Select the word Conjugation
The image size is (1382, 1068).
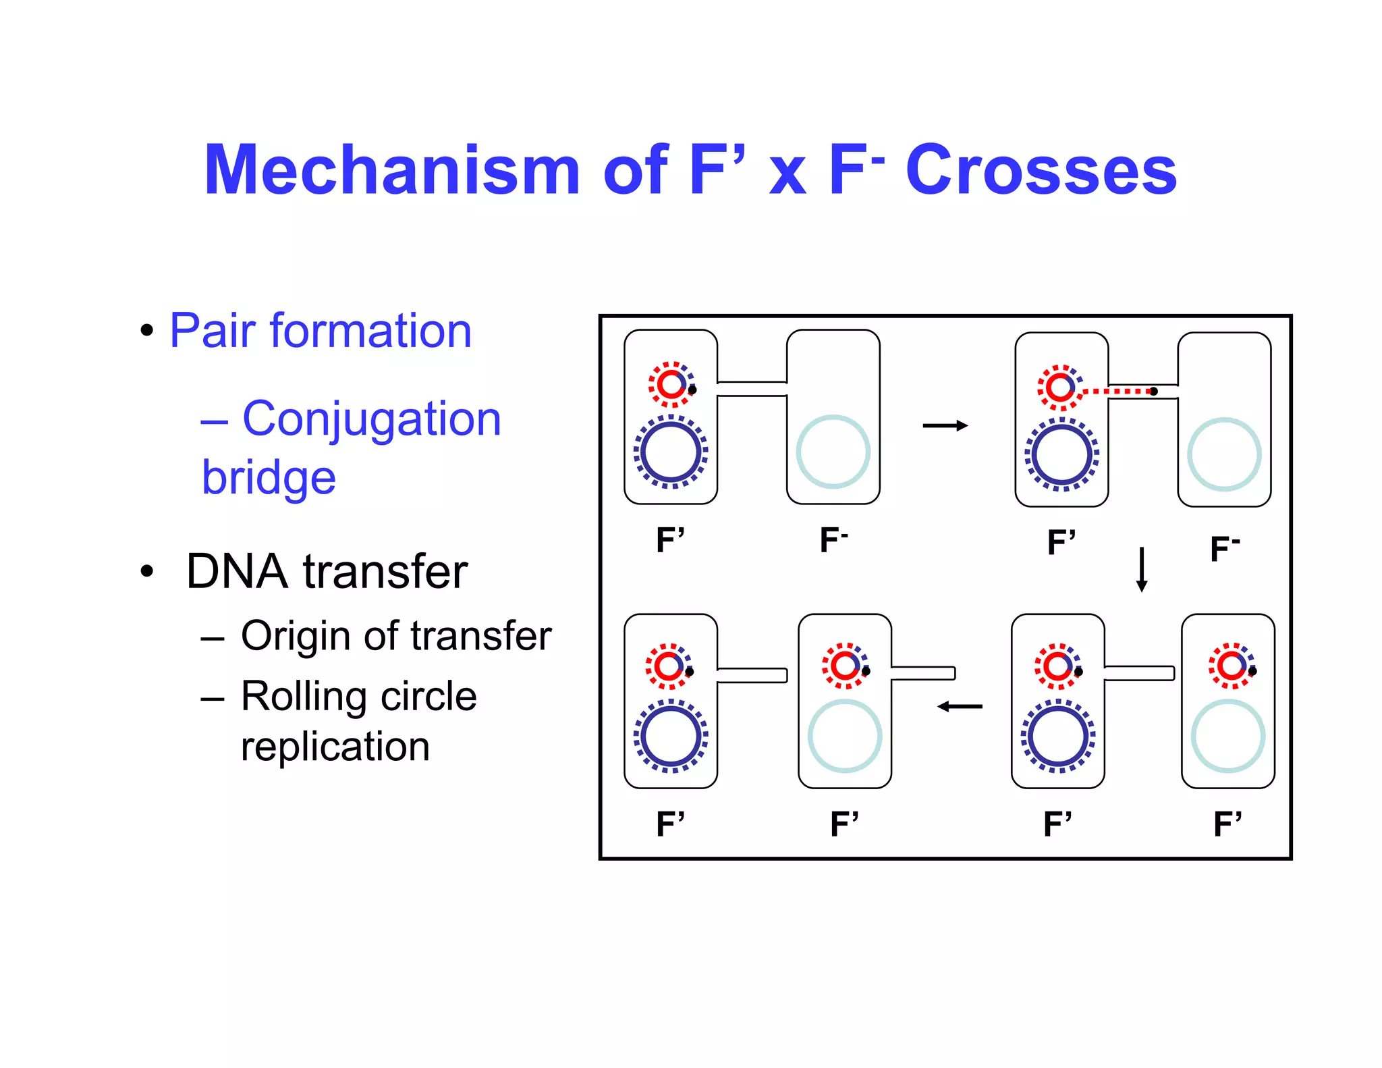pyautogui.click(x=371, y=419)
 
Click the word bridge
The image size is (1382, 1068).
pyautogui.click(x=269, y=477)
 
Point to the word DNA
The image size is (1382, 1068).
pyautogui.click(x=237, y=571)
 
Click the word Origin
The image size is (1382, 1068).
pyautogui.click(x=297, y=636)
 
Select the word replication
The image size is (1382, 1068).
pyautogui.click(x=335, y=747)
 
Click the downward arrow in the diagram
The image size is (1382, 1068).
pyautogui.click(x=1142, y=569)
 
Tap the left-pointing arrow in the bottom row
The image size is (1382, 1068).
pyautogui.click(x=960, y=707)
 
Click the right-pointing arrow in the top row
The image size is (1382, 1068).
pyautogui.click(x=945, y=425)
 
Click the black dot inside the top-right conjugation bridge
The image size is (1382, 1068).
pyautogui.click(x=1154, y=392)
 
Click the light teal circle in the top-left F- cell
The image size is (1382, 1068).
pyautogui.click(x=833, y=452)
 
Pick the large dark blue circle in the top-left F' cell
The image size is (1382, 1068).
pyautogui.click(x=671, y=452)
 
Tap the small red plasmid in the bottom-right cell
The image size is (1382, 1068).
pyautogui.click(x=1231, y=666)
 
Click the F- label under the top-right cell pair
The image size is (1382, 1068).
pyautogui.click(x=1225, y=548)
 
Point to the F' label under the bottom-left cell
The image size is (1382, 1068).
pyautogui.click(x=670, y=824)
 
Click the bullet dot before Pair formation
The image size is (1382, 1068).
pyautogui.click(x=146, y=331)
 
